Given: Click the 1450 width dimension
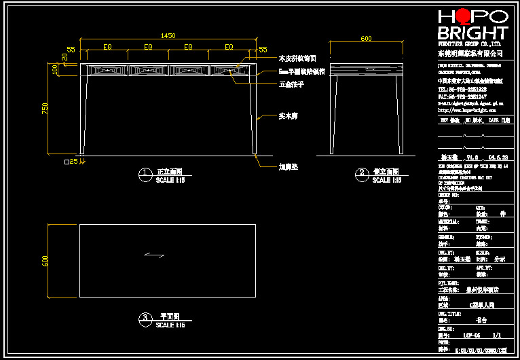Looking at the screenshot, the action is coord(168,35).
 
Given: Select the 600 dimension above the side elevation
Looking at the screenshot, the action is coord(366,39).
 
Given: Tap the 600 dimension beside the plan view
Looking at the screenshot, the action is coord(46,261).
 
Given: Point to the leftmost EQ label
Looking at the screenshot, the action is coord(107,47).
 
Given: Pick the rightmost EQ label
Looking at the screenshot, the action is coord(229,47).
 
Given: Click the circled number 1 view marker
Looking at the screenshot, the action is coord(145,175).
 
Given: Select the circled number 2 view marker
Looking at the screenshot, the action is coord(363,175).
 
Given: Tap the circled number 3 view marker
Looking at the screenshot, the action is coord(145,319).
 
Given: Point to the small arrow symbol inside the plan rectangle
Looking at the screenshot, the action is coord(155,255).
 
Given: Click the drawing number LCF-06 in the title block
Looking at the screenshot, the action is coord(472,335).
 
